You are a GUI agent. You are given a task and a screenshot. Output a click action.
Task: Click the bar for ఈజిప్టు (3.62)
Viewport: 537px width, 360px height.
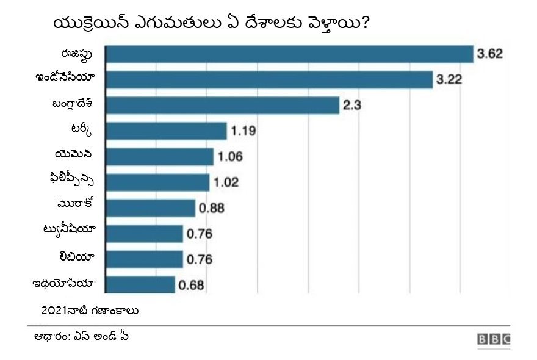coord(290,54)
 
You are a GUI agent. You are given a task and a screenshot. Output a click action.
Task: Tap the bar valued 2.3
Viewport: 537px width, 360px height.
coord(223,105)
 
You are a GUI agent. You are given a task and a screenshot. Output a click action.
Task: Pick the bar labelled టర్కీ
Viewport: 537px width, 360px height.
coord(167,131)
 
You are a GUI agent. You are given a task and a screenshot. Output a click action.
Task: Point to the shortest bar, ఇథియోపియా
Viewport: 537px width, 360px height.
coord(140,284)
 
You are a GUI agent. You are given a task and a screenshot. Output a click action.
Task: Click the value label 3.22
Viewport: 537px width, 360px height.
coord(449,79)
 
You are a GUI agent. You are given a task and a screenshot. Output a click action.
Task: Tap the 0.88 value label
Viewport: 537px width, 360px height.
coord(211,208)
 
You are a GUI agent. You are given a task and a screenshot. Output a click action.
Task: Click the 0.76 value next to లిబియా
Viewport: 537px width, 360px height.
coord(199,259)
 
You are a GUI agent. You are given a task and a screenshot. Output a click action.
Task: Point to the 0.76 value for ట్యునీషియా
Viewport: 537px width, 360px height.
coord(199,234)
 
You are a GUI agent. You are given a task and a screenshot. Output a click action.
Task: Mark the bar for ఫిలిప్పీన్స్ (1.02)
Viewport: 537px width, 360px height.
coord(158,182)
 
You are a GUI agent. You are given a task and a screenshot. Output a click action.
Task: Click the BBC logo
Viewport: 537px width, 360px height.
coord(494,340)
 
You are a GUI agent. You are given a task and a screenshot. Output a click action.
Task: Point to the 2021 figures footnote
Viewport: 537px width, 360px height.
coord(90,311)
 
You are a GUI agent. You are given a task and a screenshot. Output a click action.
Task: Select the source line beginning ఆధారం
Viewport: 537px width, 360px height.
coord(81,336)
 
